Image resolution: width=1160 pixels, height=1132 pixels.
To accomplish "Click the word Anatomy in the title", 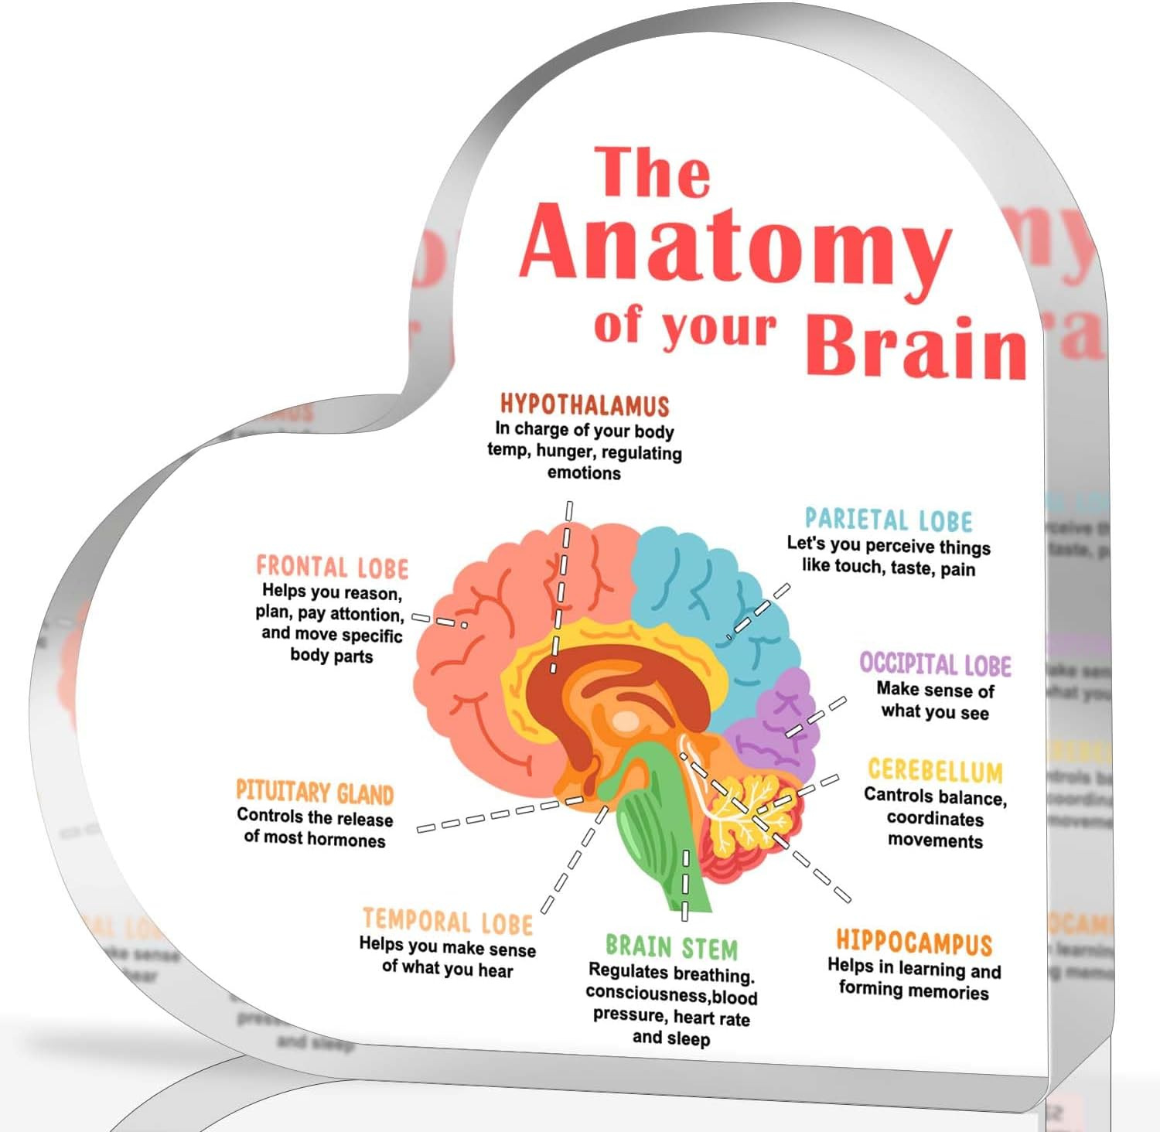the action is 735,244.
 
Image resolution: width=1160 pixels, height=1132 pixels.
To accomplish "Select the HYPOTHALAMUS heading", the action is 584,405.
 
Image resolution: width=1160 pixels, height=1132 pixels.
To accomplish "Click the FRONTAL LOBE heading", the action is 332,568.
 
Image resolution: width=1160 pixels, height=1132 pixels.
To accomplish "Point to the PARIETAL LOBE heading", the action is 889,519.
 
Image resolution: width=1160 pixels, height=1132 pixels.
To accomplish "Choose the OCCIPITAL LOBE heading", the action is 935,665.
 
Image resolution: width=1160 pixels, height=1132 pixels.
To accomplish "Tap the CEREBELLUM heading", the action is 935,771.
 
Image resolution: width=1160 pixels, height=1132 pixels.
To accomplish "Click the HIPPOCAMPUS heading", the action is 913,943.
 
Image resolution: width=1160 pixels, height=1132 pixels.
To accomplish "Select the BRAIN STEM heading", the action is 671,947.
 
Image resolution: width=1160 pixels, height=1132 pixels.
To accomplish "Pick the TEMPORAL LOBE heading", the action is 448,921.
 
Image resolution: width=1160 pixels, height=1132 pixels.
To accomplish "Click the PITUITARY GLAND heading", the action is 315,792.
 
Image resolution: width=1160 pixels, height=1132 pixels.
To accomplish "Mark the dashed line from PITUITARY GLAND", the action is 495,816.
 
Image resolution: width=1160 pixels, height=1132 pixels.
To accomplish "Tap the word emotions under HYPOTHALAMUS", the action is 584,472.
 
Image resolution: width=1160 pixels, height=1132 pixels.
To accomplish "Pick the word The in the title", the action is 652,172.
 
